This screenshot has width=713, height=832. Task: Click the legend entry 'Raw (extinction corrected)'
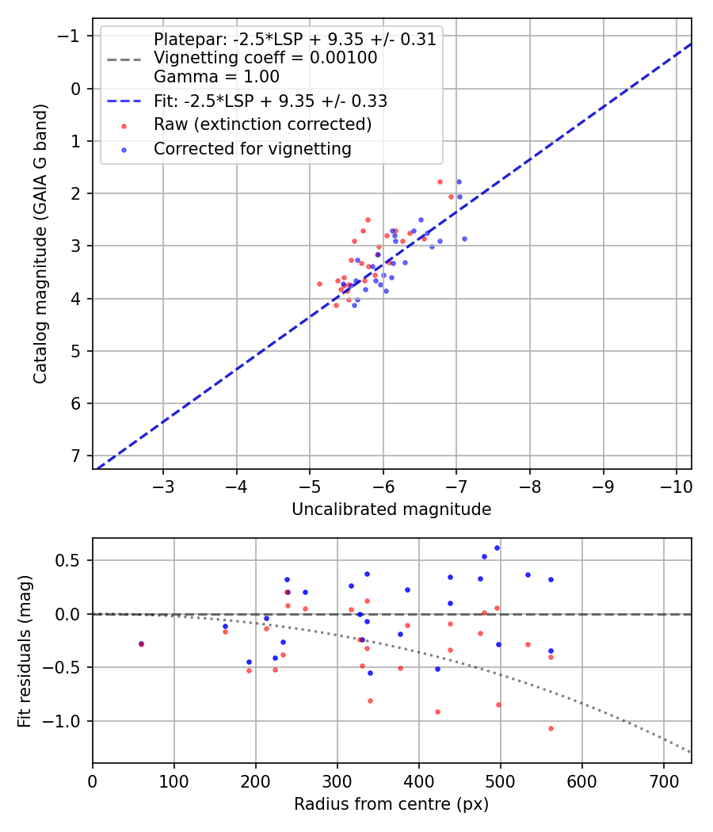262,124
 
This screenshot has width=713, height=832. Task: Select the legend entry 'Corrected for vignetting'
253,149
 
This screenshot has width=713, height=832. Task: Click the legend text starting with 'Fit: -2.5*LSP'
271,101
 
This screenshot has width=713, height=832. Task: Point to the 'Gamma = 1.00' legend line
216,76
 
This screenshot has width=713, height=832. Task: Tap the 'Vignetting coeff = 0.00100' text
265,57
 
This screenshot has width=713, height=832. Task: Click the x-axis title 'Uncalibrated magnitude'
391,510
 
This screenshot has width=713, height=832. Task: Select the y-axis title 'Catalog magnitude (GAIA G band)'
40,243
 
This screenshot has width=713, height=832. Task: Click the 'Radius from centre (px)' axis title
391,804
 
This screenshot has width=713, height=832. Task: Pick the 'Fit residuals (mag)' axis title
25,651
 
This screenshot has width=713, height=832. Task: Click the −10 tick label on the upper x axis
676,487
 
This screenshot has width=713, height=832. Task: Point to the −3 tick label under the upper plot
163,487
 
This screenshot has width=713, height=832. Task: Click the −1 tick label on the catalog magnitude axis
68,36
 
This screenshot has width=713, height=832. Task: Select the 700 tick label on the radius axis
664,781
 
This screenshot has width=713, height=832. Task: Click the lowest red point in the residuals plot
551,728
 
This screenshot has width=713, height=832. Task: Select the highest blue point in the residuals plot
497,548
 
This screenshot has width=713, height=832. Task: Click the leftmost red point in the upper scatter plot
319,284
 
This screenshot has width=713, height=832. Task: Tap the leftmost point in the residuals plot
141,644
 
